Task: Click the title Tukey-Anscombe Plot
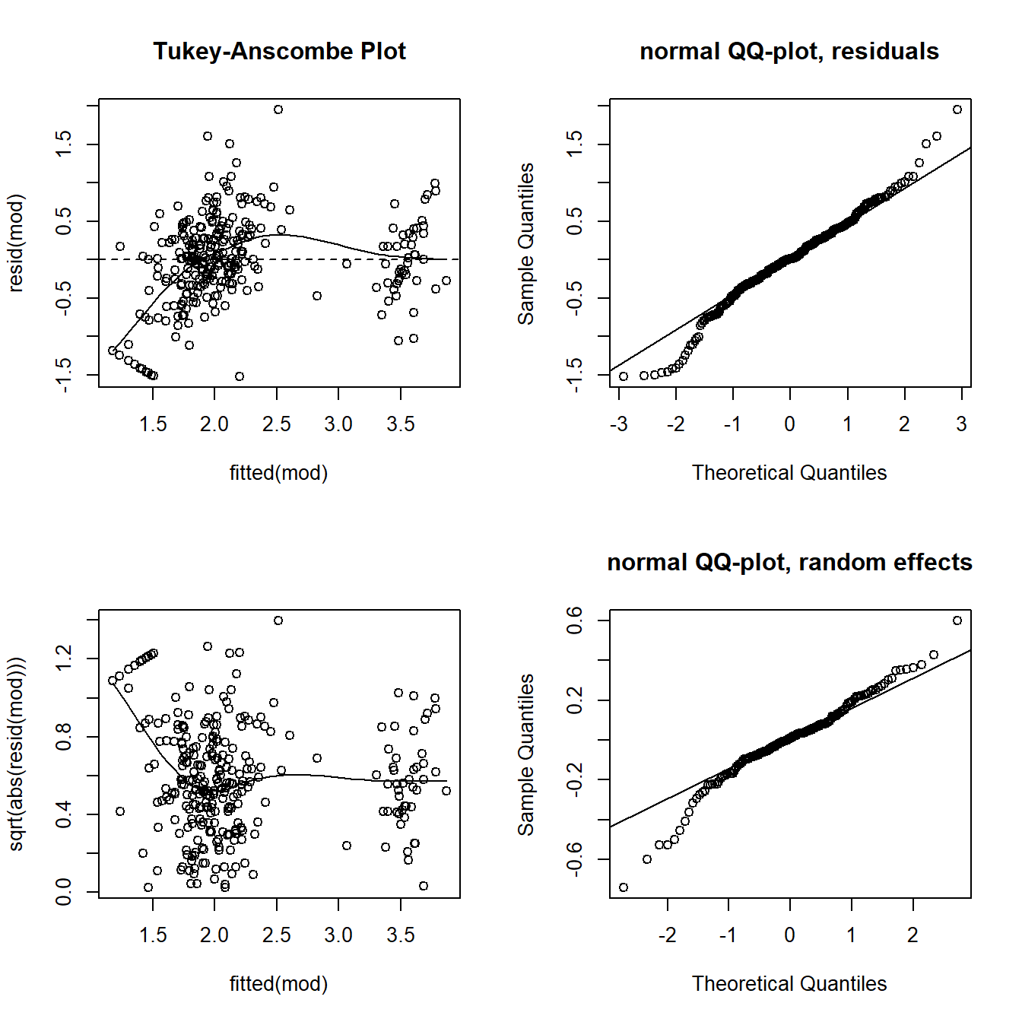tap(279, 51)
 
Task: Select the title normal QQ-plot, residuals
tap(789, 51)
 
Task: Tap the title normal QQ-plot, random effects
tap(789, 562)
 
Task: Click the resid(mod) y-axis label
tap(16, 243)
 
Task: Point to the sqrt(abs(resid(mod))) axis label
tap(16, 754)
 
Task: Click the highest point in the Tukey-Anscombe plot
tap(278, 109)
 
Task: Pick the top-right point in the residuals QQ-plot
tap(957, 109)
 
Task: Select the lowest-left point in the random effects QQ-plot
tap(624, 887)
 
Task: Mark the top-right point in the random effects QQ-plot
tap(957, 620)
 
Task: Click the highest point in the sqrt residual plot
tap(278, 620)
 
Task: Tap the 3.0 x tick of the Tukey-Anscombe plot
tap(338, 424)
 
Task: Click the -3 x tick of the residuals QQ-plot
tap(619, 424)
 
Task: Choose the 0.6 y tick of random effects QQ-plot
tap(575, 620)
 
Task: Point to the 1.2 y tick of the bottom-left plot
tap(64, 659)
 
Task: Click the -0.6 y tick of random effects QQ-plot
tap(575, 859)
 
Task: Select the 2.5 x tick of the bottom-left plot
tap(277, 935)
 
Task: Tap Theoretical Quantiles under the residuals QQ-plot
tap(789, 473)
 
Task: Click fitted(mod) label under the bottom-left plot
tap(278, 984)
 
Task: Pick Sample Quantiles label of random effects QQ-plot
tap(526, 754)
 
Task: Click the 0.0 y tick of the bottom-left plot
tap(64, 891)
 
